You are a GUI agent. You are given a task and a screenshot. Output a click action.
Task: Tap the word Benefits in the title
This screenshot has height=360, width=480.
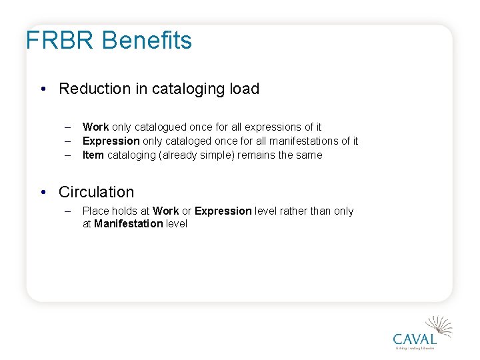tap(147, 41)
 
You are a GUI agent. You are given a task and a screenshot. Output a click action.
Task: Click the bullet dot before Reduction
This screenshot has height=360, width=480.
tap(42, 89)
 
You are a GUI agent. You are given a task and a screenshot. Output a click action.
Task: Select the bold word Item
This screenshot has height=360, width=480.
tap(93, 155)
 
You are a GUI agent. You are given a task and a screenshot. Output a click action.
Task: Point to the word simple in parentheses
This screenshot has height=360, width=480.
tap(215, 155)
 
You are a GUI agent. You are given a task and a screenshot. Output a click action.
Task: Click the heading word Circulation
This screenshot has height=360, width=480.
tap(96, 192)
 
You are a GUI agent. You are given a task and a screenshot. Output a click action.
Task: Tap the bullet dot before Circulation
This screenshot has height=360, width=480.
tap(42, 193)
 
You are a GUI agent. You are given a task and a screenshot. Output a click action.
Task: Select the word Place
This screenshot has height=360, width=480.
tap(96, 211)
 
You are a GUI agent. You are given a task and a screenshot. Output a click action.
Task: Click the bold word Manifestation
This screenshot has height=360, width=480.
tap(128, 223)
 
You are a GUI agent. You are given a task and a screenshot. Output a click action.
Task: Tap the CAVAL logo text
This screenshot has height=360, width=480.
tap(415, 339)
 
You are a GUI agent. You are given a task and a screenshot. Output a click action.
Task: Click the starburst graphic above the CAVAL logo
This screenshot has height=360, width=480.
tap(440, 326)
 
